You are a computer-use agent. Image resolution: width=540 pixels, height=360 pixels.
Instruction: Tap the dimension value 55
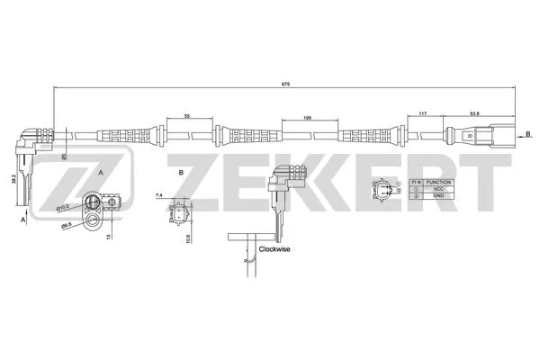pyautogui.click(x=186, y=117)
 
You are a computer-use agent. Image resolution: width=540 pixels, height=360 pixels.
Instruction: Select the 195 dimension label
pyautogui.click(x=308, y=117)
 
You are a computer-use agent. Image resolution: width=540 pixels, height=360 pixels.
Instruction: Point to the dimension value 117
pyautogui.click(x=423, y=112)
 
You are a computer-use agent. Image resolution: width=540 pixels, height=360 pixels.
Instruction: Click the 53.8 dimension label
pyautogui.click(x=473, y=112)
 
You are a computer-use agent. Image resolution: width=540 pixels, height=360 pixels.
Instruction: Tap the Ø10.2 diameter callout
pyautogui.click(x=63, y=208)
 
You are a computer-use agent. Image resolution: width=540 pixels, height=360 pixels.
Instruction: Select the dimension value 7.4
pyautogui.click(x=159, y=194)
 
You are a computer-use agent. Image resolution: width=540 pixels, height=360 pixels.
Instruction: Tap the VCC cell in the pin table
pyautogui.click(x=438, y=189)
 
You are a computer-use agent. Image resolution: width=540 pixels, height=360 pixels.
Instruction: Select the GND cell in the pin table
pyautogui.click(x=438, y=197)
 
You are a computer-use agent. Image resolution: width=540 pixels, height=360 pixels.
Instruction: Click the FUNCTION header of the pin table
pyautogui.click(x=438, y=181)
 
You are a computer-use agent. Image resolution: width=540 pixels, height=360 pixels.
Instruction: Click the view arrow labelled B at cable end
pyautogui.click(x=527, y=133)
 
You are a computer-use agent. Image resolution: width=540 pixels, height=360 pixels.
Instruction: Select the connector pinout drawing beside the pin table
pyautogui.click(x=385, y=190)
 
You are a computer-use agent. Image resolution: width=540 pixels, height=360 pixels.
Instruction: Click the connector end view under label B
pyautogui.click(x=180, y=216)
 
